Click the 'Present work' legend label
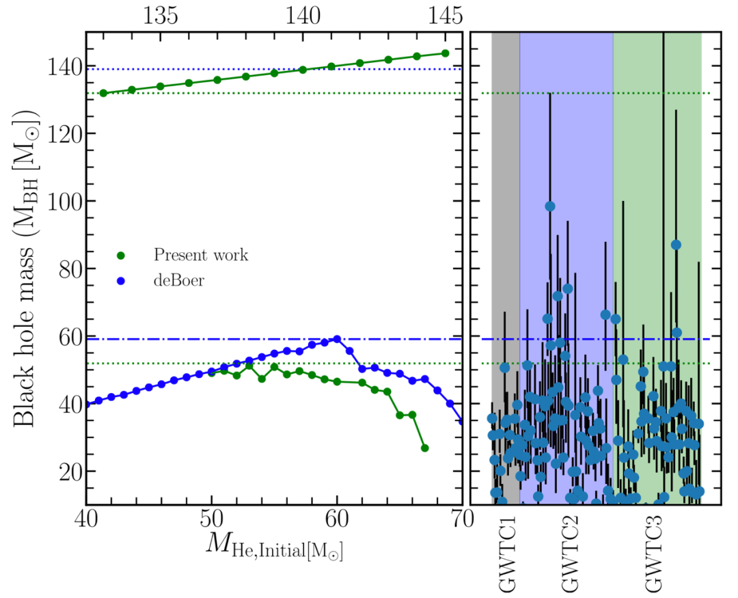click(200, 256)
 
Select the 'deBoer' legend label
click(178, 279)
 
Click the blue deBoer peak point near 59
click(337, 339)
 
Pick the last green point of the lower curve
click(424, 448)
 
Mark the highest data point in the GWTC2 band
click(550, 206)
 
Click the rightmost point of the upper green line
click(445, 53)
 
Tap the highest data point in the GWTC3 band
click(676, 245)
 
